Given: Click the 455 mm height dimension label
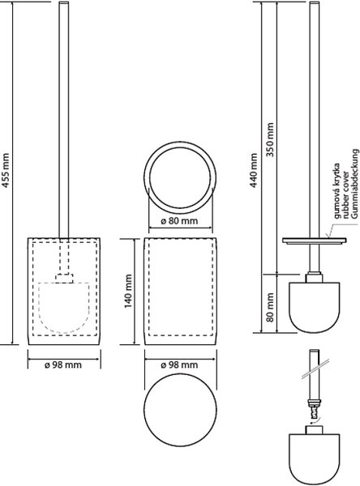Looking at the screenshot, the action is coord(6,170).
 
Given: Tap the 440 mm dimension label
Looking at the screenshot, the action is coord(254,170).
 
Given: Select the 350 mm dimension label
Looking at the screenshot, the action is coord(270,140).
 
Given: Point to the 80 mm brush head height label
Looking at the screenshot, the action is coord(270,307).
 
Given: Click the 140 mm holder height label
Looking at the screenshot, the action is coord(128,291).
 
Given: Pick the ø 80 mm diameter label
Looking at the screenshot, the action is coord(179,221).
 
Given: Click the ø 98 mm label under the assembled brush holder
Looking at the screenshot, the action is coord(63,364).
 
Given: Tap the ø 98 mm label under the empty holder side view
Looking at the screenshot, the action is coord(179,364).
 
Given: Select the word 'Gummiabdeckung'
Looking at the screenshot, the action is coord(355,183).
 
